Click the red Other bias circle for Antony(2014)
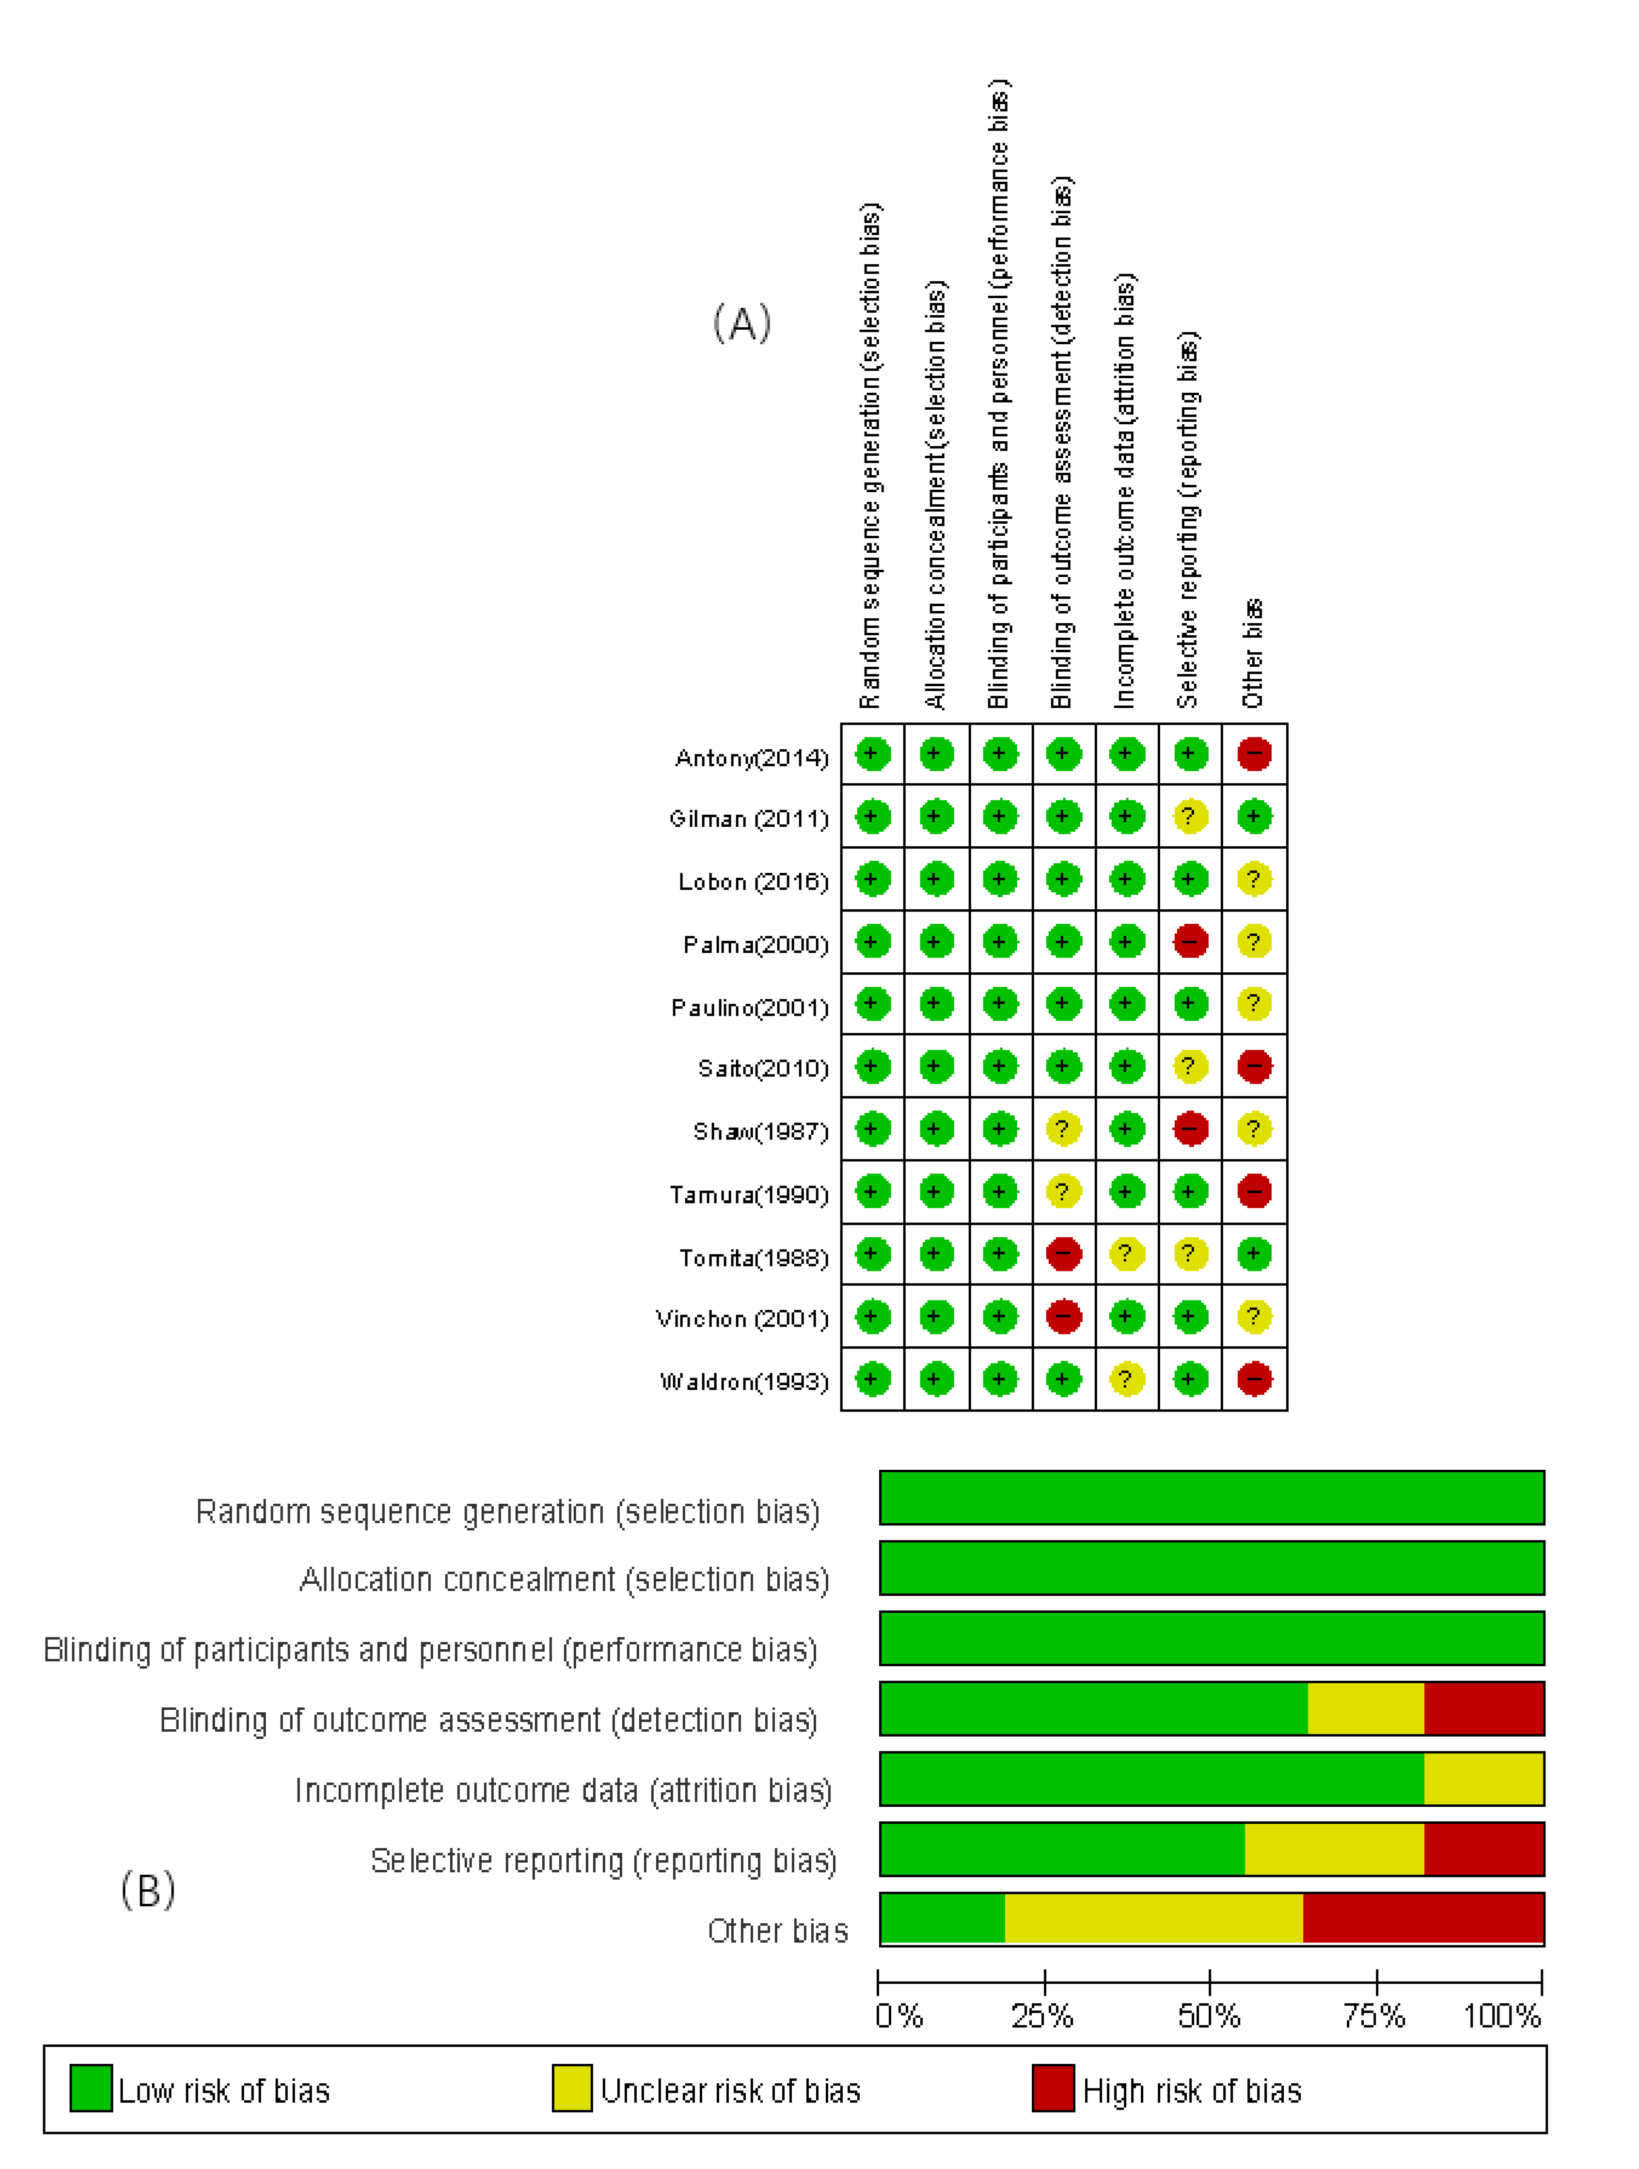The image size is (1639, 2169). pyautogui.click(x=1254, y=754)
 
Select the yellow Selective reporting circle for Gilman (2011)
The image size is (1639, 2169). pyautogui.click(x=1190, y=817)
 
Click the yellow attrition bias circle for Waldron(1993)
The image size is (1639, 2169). pyautogui.click(x=1126, y=1380)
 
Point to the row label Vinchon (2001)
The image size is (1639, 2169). pyautogui.click(x=742, y=1319)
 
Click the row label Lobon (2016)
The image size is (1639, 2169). pyautogui.click(x=753, y=882)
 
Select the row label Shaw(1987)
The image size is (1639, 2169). pyautogui.click(x=761, y=1132)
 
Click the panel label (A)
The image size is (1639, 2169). pyautogui.click(x=742, y=323)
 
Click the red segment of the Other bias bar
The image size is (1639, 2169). pyautogui.click(x=1423, y=1919)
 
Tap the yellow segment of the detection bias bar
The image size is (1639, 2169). pyautogui.click(x=1366, y=1708)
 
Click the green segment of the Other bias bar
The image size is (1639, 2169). pyautogui.click(x=942, y=1919)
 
